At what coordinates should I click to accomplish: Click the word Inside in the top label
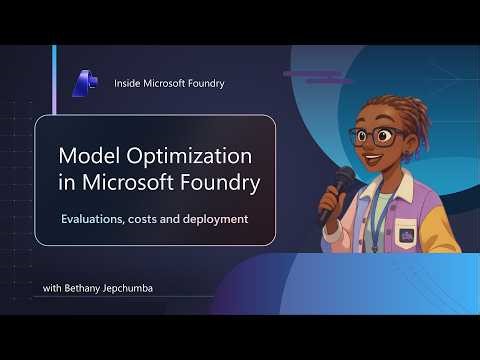(x=130, y=84)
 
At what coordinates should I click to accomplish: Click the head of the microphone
(x=346, y=179)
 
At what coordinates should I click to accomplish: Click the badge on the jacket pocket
(x=407, y=236)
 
